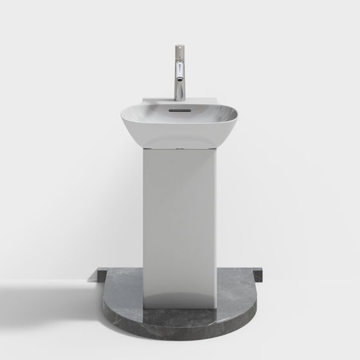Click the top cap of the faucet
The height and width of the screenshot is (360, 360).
[x=179, y=47]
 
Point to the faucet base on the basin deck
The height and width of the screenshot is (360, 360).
[x=179, y=98]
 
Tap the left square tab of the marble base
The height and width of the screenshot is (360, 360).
[x=102, y=276]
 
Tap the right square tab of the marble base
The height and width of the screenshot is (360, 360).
[x=258, y=276]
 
